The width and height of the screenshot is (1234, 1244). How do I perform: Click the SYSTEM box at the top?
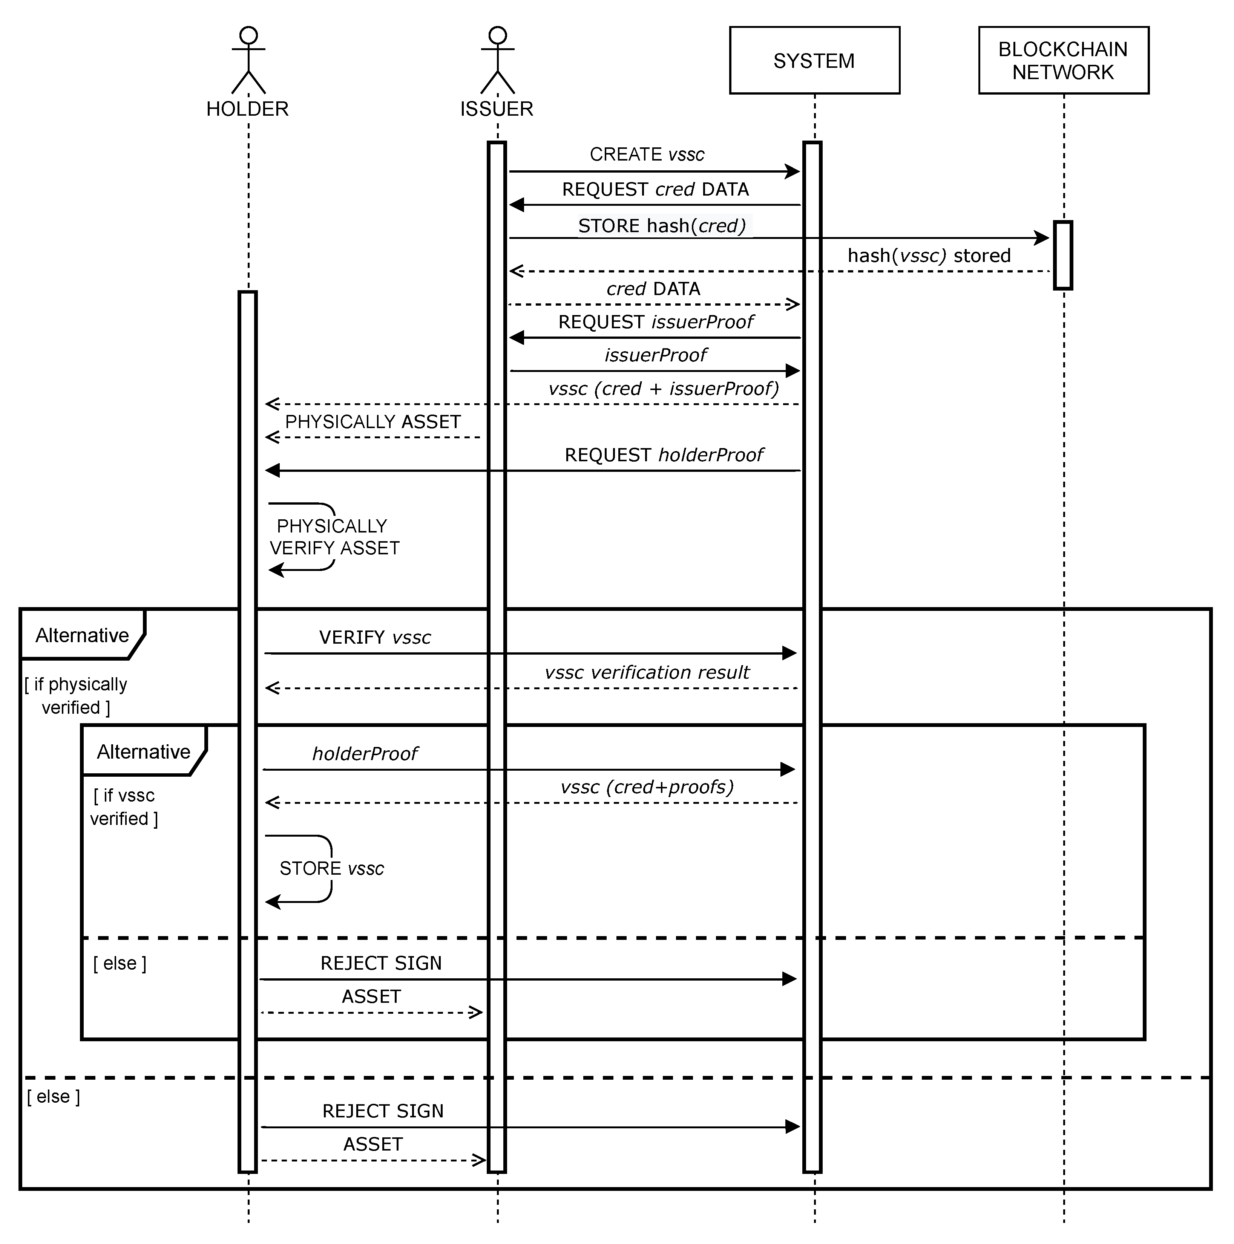coord(814,61)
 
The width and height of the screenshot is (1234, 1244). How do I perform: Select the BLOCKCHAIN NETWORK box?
coord(1063,61)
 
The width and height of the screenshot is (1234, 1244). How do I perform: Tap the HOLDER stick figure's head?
coord(248,35)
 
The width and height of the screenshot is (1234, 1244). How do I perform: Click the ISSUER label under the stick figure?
coord(497,109)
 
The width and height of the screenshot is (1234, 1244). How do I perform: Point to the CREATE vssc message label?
coord(647,155)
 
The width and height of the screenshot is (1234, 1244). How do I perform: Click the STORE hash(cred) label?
coord(662,226)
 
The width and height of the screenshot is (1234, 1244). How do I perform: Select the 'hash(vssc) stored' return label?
coord(929,256)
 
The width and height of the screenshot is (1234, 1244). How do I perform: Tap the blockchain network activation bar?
coord(1063,256)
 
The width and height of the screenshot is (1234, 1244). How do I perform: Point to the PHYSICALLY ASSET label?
coord(373,422)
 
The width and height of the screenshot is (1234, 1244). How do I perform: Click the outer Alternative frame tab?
coord(82,635)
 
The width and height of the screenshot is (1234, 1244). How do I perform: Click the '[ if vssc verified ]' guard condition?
coord(124,807)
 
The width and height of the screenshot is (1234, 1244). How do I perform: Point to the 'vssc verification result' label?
coord(647,672)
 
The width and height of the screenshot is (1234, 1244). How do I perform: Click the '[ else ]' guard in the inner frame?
coord(120,963)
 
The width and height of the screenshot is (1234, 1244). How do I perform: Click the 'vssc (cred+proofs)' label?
coord(647,787)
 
